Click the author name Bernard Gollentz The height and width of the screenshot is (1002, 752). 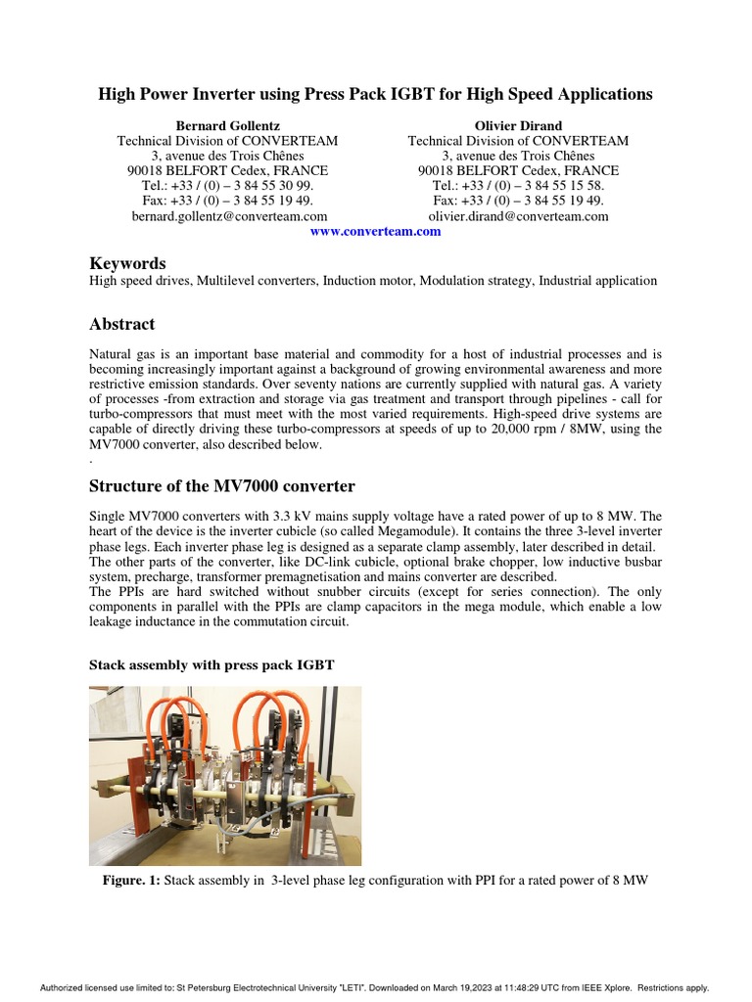(227, 125)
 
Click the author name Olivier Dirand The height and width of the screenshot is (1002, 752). (518, 125)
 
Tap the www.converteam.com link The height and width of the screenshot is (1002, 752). (375, 232)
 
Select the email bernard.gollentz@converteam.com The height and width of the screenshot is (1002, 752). (229, 216)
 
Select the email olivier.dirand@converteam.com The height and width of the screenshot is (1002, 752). (518, 216)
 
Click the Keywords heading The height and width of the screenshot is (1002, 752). (127, 263)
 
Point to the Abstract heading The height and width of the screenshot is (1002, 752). (121, 324)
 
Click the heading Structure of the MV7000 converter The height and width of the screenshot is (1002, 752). (221, 486)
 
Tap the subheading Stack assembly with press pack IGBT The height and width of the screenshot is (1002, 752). (211, 664)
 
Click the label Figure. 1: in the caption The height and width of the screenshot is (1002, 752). (131, 881)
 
